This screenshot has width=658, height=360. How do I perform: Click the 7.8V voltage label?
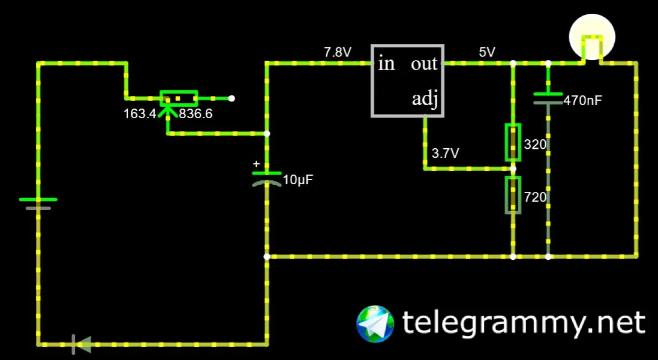pyautogui.click(x=337, y=52)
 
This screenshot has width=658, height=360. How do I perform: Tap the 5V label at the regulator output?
pyautogui.click(x=486, y=52)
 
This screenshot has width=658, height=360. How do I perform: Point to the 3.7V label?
pyautogui.click(x=445, y=154)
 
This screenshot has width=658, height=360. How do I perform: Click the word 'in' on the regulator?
pyautogui.click(x=386, y=64)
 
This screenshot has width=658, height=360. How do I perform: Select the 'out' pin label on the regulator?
pyautogui.click(x=424, y=64)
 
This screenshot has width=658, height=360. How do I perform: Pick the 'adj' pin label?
pyautogui.click(x=425, y=98)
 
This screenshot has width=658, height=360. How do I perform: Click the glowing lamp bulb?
pyautogui.click(x=592, y=37)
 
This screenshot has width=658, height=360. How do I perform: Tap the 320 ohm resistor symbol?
pyautogui.click(x=513, y=143)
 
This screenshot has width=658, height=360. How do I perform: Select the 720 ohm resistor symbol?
pyautogui.click(x=513, y=195)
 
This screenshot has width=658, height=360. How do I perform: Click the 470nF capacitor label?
pyautogui.click(x=582, y=101)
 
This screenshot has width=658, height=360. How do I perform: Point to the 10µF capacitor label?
pyautogui.click(x=298, y=180)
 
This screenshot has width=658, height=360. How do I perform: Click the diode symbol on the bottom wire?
pyautogui.click(x=82, y=344)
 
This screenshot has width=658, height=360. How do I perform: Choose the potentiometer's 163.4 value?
pyautogui.click(x=140, y=114)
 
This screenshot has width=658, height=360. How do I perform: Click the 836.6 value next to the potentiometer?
pyautogui.click(x=196, y=114)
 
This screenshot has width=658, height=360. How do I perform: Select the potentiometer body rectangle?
pyautogui.click(x=178, y=98)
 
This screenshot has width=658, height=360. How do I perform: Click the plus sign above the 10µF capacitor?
pyautogui.click(x=256, y=164)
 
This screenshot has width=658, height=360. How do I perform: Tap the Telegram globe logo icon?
pyautogui.click(x=375, y=323)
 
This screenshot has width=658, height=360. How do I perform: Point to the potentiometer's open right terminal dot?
pyautogui.click(x=232, y=98)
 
